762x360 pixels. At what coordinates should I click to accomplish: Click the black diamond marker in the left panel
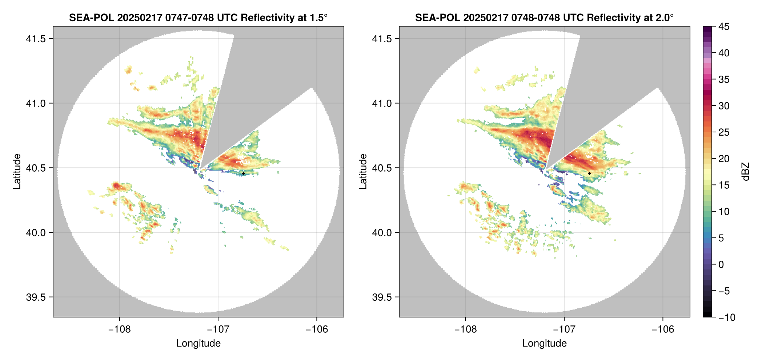pos(243,173)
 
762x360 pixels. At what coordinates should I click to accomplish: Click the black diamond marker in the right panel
pos(589,173)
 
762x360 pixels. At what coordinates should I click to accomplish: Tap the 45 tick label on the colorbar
pos(724,27)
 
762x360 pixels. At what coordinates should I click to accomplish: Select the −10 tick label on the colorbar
pos(727,317)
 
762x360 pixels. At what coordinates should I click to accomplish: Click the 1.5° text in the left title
pos(318,17)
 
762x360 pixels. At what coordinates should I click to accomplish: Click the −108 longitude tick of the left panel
pos(119,329)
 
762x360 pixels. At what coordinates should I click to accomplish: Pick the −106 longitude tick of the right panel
pos(663,329)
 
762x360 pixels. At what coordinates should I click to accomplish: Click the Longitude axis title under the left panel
pos(198,343)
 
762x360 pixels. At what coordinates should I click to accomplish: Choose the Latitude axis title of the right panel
pos(363,172)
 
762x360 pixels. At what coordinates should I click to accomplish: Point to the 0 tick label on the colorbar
pos(721,265)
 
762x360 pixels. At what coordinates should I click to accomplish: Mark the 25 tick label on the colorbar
pos(724,132)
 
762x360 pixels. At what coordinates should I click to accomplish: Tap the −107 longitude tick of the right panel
pos(564,329)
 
